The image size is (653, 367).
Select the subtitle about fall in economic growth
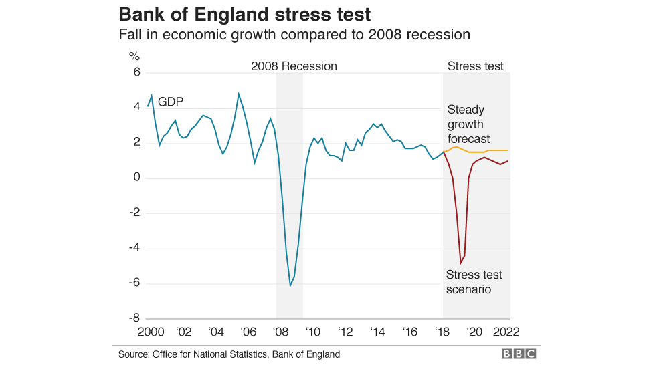point(294,34)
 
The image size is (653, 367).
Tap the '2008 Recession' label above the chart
point(294,66)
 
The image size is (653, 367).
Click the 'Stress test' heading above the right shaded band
point(475,66)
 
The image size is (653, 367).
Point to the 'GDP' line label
point(171,102)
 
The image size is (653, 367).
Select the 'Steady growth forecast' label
point(468,124)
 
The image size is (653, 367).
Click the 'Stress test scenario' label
point(474,282)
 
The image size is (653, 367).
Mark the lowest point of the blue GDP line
point(290,285)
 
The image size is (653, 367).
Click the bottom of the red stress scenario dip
point(460,263)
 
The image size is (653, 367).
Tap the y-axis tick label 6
point(136,72)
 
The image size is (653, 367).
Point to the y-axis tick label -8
point(134,318)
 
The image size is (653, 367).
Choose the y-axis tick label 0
point(136,178)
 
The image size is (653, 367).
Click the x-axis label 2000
point(151,332)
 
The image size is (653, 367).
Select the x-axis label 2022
point(506,332)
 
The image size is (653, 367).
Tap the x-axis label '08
point(281,332)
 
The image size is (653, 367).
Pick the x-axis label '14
point(377,332)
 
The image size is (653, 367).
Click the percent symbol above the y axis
point(134,56)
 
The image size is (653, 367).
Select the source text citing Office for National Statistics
point(229,354)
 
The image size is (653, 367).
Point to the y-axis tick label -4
point(134,248)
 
